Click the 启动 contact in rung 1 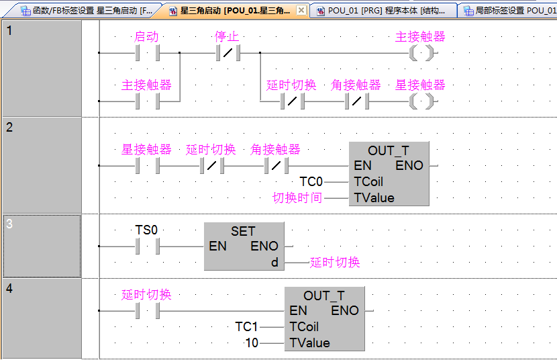pos(147,52)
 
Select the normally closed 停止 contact pos(228,52)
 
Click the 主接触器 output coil pos(421,52)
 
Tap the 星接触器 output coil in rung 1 pos(421,101)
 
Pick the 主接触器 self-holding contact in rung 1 pos(147,101)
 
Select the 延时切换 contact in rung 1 pos(293,101)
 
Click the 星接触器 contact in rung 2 pos(147,165)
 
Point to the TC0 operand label pos(311,181)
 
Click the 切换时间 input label pos(297,197)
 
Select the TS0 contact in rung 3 pos(147,246)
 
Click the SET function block pos(244,246)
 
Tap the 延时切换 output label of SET pos(335,263)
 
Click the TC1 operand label pos(246,326)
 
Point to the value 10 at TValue pos(252,343)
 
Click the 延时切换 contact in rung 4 pos(147,310)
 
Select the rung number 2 pos(9,128)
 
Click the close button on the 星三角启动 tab pos(301,11)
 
